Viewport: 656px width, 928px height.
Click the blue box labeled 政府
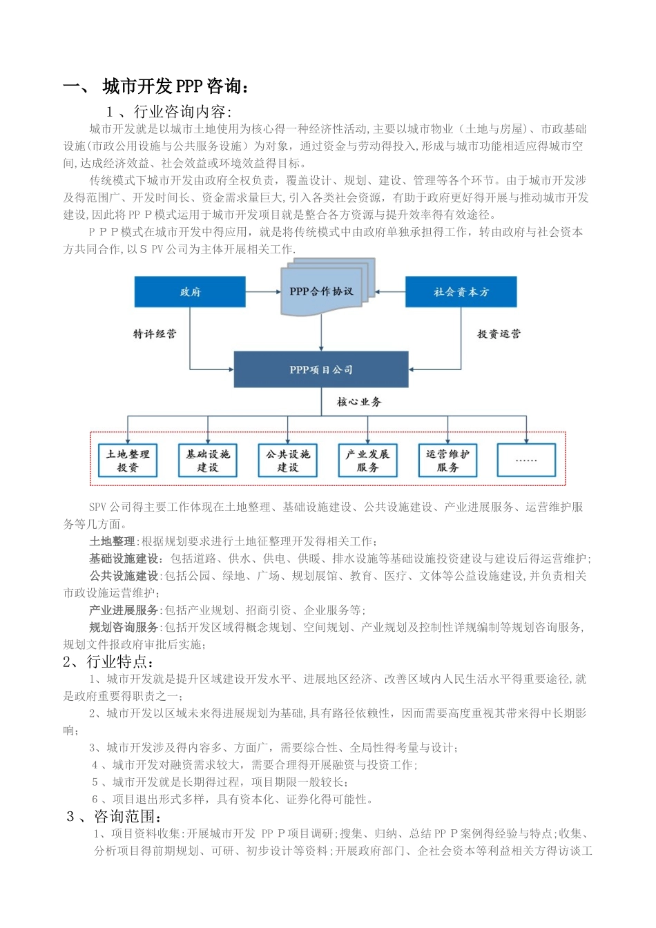(190, 291)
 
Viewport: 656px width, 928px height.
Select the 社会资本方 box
(461, 291)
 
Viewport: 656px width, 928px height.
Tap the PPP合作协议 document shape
(322, 291)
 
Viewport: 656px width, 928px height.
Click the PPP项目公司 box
(321, 369)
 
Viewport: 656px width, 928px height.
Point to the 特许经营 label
(155, 333)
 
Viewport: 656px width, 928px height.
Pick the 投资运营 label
(499, 333)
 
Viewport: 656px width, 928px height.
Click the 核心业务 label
(359, 401)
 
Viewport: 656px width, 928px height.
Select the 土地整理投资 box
(128, 461)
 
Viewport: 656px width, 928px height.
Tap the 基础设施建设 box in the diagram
(208, 461)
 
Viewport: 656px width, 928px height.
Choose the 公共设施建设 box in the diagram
(288, 461)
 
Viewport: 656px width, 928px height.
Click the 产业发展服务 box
(368, 461)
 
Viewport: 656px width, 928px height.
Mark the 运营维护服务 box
(447, 461)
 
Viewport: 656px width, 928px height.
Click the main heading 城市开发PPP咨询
(175, 86)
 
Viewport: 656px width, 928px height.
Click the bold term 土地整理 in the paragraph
(112, 541)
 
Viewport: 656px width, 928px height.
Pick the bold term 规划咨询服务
(124, 627)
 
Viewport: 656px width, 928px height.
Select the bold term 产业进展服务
(124, 610)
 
